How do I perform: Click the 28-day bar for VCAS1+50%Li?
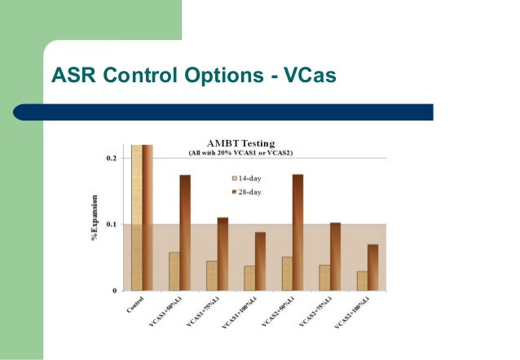[185, 232]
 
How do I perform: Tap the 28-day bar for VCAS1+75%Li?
[223, 253]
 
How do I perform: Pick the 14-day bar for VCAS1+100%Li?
[249, 278]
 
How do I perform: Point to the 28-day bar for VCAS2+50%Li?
[297, 232]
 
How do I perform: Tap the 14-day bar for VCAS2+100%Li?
[361, 280]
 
